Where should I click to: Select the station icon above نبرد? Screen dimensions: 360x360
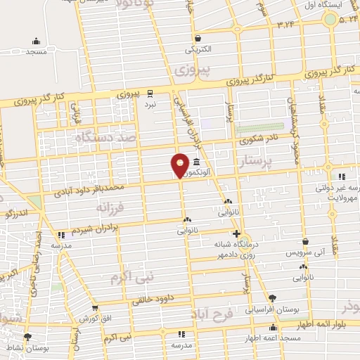150,92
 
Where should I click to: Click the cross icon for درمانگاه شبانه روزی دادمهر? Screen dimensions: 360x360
236,234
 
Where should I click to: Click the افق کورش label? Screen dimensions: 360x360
98,318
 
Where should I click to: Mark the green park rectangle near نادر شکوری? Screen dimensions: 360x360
254,129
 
